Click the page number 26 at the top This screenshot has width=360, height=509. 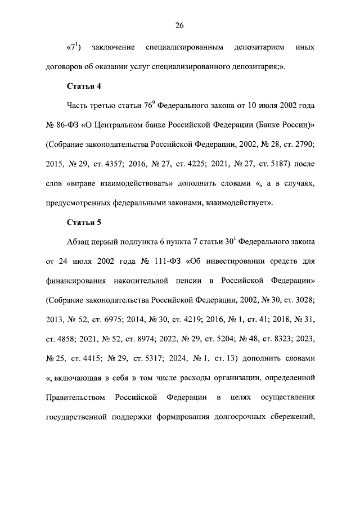pyautogui.click(x=179, y=25)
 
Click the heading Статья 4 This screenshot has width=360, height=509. pyautogui.click(x=84, y=86)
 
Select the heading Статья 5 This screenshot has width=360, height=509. pyautogui.click(x=84, y=222)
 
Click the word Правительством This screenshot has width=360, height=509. pyautogui.click(x=75, y=398)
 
